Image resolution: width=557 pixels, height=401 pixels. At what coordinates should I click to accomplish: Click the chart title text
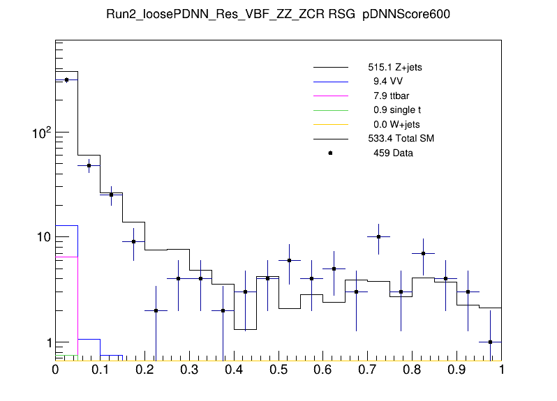pyautogui.click(x=278, y=15)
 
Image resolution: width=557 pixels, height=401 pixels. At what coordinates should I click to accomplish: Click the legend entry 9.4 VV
pyautogui.click(x=378, y=82)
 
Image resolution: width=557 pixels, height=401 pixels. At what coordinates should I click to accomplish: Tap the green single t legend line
pyautogui.click(x=331, y=110)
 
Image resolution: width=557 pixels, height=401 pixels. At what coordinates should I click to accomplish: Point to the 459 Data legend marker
pyautogui.click(x=331, y=153)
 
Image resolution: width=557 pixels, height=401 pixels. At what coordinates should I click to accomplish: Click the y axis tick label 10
pyautogui.click(x=40, y=238)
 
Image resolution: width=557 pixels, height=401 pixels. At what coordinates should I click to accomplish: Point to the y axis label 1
pyautogui.click(x=45, y=343)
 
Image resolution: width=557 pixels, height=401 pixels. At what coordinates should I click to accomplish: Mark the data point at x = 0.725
pyautogui.click(x=379, y=237)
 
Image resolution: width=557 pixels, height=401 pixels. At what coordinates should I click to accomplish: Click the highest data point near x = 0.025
pyautogui.click(x=66, y=80)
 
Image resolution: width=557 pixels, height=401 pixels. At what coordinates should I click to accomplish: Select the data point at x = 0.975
pyautogui.click(x=491, y=342)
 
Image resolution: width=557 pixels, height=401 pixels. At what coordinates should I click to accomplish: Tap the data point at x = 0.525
pyautogui.click(x=290, y=260)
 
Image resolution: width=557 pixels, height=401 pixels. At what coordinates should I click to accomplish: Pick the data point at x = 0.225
pyautogui.click(x=156, y=311)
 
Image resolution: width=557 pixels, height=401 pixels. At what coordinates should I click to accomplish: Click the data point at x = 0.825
pyautogui.click(x=424, y=253)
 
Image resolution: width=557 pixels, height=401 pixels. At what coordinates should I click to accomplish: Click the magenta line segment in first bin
pyautogui.click(x=66, y=257)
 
